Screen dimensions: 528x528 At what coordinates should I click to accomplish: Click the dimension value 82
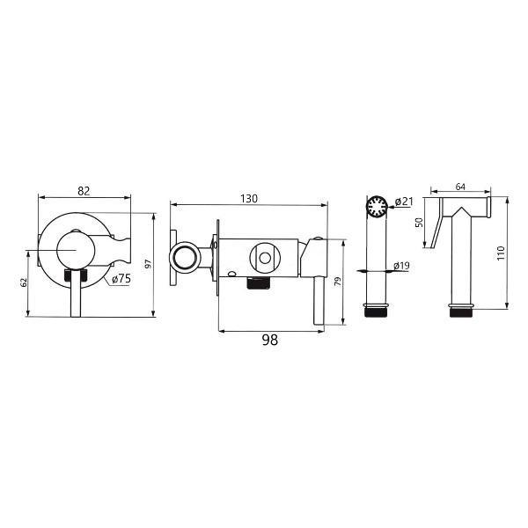(x=84, y=191)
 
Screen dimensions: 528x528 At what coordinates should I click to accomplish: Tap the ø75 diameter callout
(x=121, y=279)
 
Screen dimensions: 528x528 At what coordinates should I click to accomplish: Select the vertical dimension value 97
(x=149, y=264)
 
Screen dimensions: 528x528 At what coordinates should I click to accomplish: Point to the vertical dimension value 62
(x=23, y=282)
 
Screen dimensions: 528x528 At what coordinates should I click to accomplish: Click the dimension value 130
(x=249, y=199)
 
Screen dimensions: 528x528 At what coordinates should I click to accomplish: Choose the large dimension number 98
(x=270, y=340)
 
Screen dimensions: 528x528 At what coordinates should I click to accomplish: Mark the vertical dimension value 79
(x=338, y=282)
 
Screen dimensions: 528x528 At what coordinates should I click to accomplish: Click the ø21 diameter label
(x=404, y=202)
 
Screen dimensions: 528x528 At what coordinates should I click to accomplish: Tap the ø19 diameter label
(x=402, y=266)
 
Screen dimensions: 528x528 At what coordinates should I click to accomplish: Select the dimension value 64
(x=460, y=187)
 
